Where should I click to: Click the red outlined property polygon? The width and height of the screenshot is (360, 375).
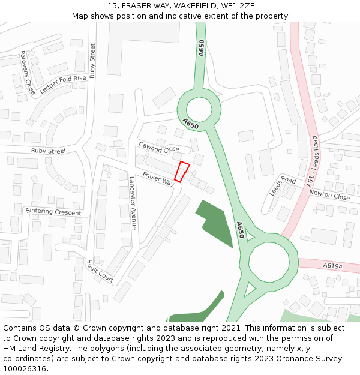click(182, 172)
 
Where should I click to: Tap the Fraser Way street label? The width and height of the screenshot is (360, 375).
click(158, 179)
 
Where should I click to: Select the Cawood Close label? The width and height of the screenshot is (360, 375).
click(159, 147)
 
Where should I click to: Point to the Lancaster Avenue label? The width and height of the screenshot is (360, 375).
click(133, 202)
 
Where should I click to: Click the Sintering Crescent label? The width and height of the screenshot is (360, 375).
click(53, 212)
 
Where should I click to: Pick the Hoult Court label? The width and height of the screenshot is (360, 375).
click(100, 271)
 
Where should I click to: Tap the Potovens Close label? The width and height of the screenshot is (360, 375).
click(27, 73)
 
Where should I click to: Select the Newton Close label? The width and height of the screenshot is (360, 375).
click(329, 196)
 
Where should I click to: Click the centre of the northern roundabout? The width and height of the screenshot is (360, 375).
click(199, 109)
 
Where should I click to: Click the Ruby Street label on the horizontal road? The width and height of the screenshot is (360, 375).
click(49, 151)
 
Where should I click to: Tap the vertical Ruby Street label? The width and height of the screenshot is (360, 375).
click(92, 61)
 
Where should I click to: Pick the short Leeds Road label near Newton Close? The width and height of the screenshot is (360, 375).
click(283, 185)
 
